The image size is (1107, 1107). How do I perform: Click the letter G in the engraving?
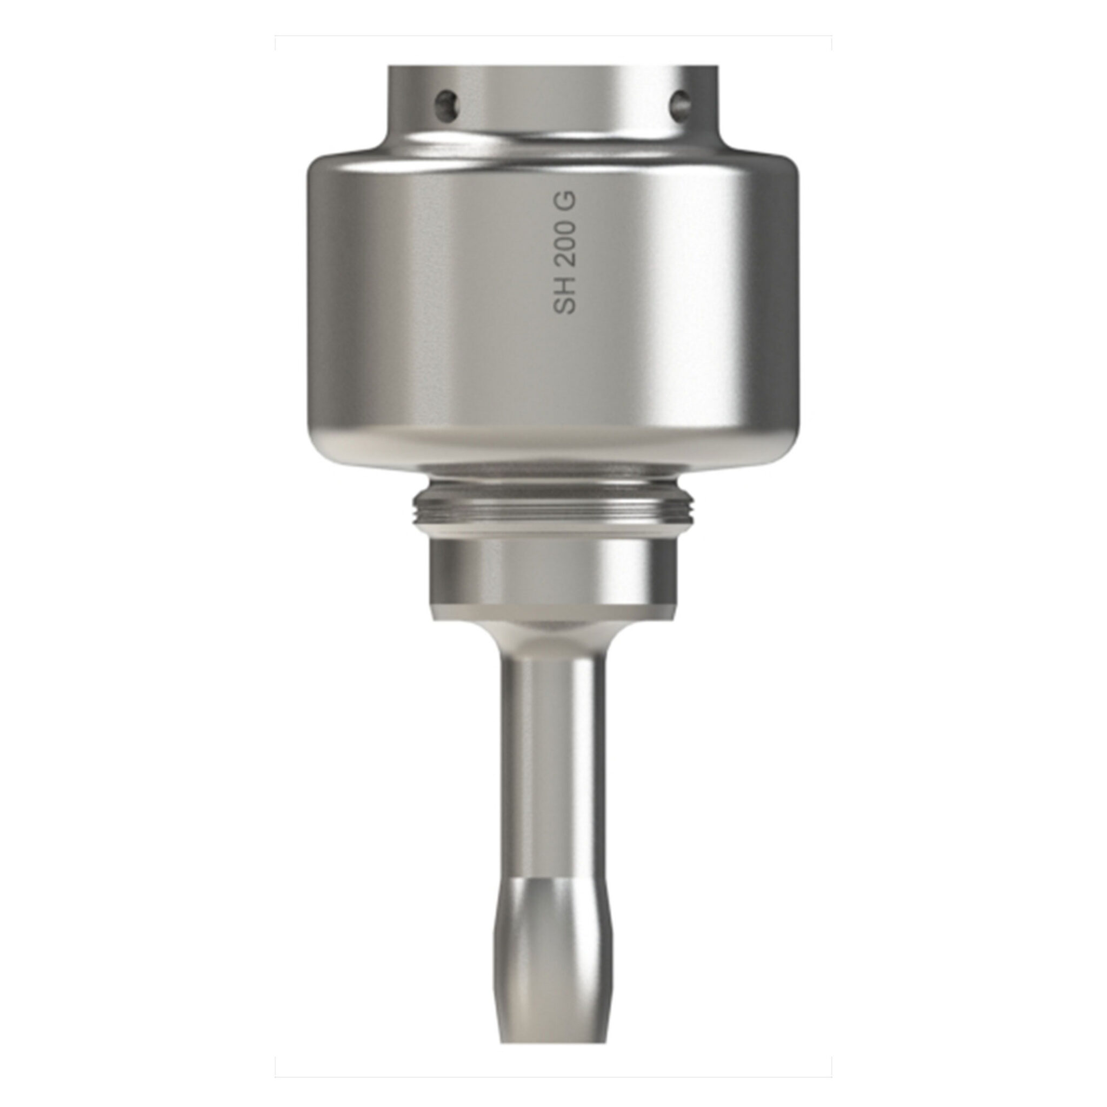click(564, 201)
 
